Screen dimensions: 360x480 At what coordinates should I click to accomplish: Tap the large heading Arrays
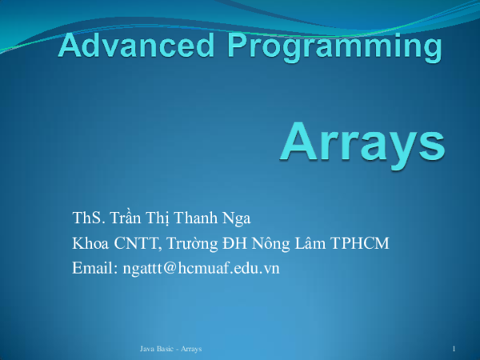[362, 141]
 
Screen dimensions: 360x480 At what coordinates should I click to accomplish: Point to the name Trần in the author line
[126, 218]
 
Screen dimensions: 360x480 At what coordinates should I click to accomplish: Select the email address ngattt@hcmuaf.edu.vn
[201, 268]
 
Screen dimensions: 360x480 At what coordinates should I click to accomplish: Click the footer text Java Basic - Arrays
[170, 350]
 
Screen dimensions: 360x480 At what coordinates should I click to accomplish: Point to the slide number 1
[454, 350]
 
